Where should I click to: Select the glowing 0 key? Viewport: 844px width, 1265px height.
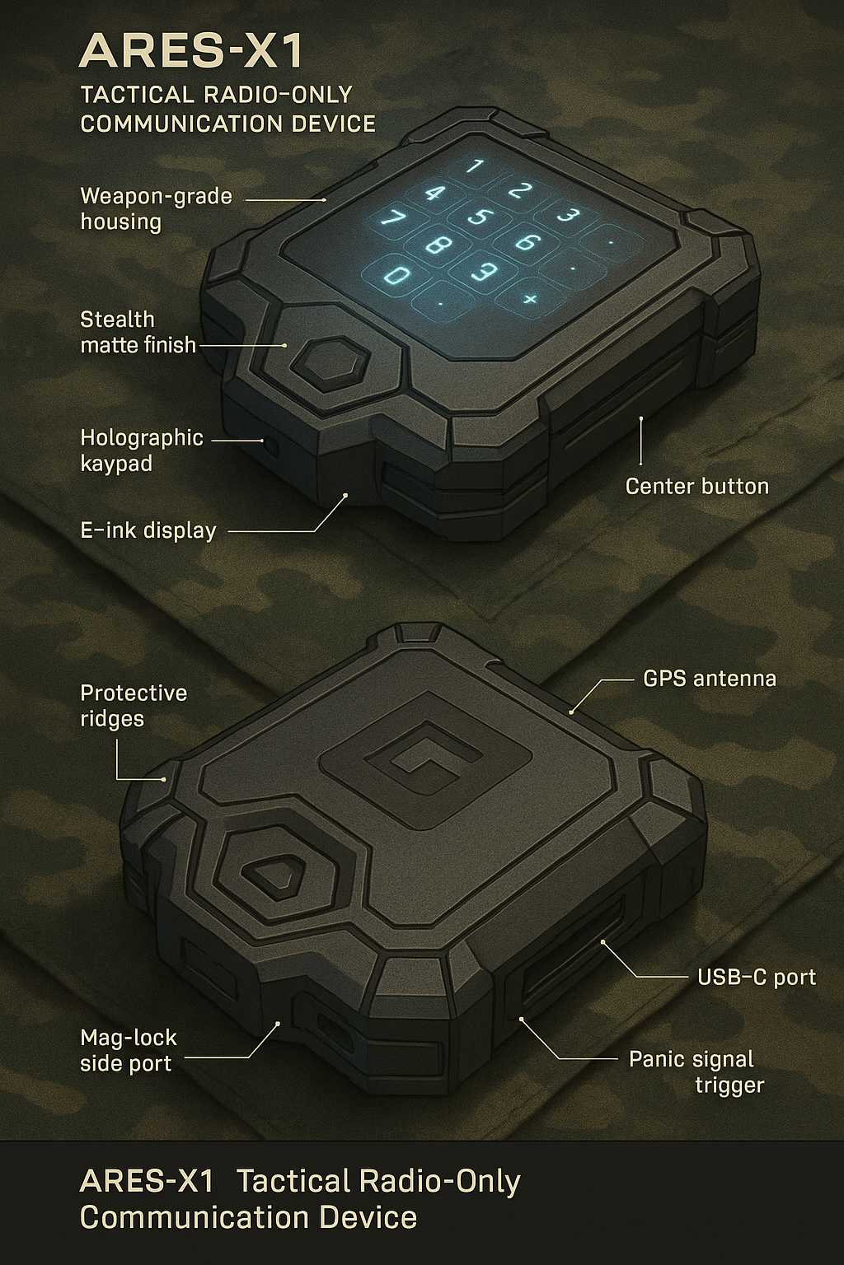399,275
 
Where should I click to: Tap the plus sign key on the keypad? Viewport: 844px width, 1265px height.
528,299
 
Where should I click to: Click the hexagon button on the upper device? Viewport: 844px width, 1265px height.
330,363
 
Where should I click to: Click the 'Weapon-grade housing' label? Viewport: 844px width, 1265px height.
156,208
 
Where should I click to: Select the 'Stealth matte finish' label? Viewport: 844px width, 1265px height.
138,332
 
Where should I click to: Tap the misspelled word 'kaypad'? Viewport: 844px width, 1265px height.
116,463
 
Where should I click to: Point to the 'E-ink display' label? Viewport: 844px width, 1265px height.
148,530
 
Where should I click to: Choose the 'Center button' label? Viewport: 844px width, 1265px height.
697,486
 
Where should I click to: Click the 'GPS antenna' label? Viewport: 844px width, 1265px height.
710,679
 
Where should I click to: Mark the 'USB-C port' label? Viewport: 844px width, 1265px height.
757,977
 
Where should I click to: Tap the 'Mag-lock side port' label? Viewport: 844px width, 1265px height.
129,1050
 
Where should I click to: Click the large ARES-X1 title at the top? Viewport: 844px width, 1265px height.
191,51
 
